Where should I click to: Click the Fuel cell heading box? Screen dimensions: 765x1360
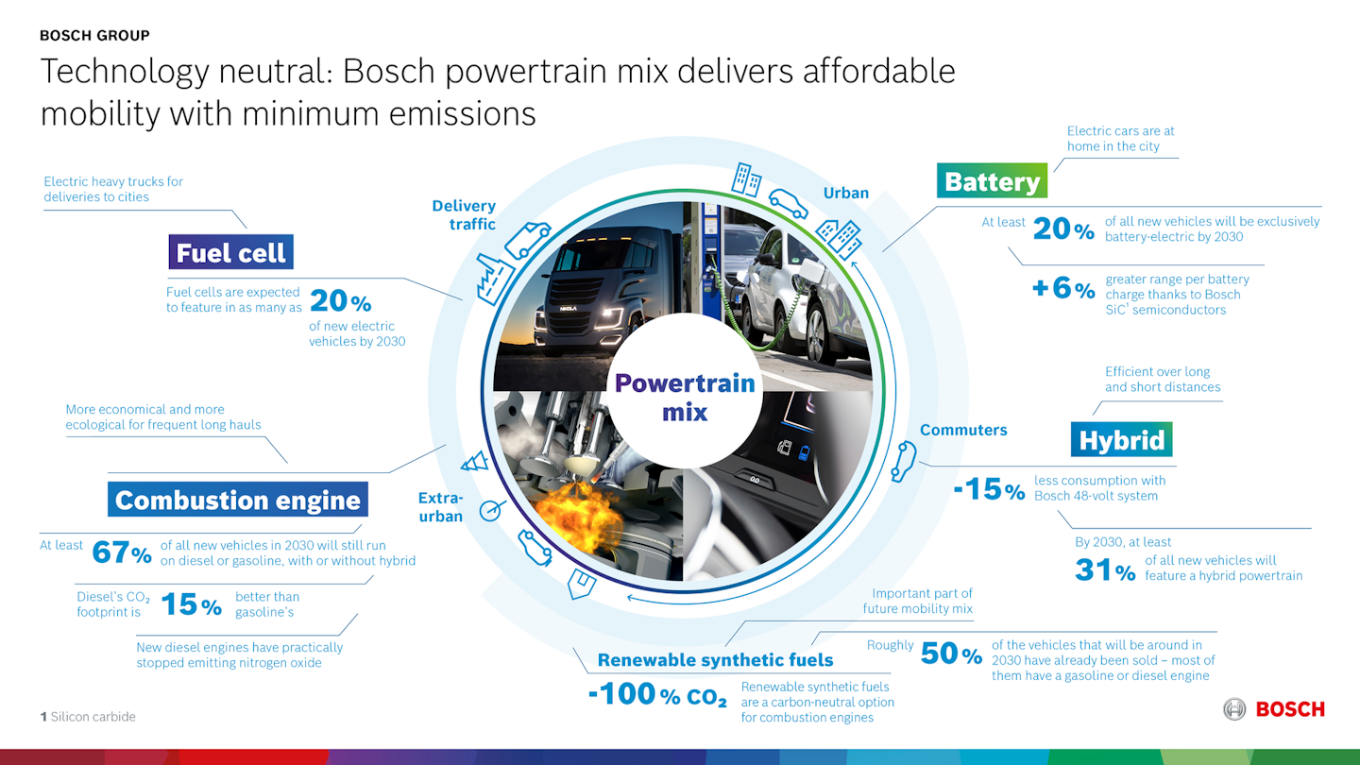pos(230,253)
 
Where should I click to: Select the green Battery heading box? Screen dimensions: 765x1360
pos(992,181)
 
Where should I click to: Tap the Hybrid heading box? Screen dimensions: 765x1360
pos(1121,440)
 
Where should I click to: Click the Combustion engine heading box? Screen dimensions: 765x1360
pos(237,500)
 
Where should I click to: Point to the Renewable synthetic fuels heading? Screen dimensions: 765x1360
pos(715,659)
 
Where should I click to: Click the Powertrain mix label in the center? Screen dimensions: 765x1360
pos(685,397)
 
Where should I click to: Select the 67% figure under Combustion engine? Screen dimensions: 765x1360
pos(121,552)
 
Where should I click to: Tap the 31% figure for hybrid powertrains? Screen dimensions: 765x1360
pos(1105,569)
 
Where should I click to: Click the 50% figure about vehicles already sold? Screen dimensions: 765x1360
pos(951,654)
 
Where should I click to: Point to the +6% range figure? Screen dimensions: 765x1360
pos(1062,288)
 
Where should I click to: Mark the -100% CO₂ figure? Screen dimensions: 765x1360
pos(657,695)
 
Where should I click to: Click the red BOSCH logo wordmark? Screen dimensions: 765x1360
pos(1289,709)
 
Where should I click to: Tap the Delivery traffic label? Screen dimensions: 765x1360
pos(464,214)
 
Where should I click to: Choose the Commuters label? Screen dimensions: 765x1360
pos(963,430)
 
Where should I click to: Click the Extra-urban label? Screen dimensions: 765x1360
pos(441,507)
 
